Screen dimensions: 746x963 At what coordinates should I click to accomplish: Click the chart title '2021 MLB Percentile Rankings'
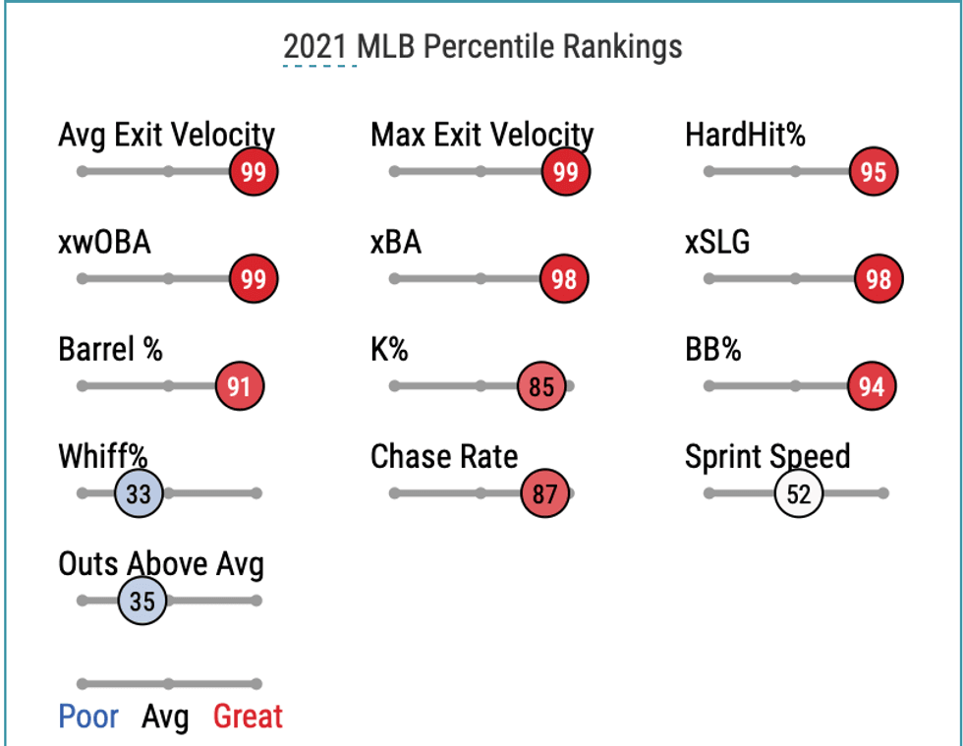(x=481, y=46)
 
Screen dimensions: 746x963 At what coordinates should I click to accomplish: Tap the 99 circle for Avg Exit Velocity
(x=254, y=172)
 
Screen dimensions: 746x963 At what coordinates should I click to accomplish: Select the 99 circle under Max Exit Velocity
(x=565, y=172)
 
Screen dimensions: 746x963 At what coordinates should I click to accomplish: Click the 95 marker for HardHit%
(x=874, y=172)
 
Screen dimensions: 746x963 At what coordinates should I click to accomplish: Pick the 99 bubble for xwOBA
(x=254, y=279)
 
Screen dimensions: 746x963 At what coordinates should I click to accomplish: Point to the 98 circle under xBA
(x=564, y=279)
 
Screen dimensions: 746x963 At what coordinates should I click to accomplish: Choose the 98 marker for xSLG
(x=878, y=279)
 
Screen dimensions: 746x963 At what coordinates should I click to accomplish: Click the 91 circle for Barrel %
(x=240, y=386)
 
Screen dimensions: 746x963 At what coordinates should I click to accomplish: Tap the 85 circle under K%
(x=542, y=386)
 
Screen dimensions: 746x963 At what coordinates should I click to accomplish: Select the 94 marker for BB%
(x=873, y=386)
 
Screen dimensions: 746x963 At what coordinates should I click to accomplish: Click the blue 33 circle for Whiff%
(x=139, y=493)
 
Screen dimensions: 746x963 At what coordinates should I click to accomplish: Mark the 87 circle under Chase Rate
(x=545, y=493)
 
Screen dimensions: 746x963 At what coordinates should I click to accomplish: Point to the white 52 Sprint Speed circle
(x=799, y=493)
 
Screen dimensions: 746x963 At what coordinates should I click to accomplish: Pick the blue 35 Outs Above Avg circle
(x=142, y=601)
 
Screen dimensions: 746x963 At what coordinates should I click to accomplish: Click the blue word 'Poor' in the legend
(x=88, y=717)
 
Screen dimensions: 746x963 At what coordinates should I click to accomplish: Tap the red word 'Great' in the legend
(x=248, y=717)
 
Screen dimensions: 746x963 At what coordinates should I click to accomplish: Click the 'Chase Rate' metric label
(x=443, y=456)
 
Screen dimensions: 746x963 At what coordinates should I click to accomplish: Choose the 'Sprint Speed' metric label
(x=767, y=456)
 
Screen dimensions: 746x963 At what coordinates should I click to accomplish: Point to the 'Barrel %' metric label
(x=110, y=349)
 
